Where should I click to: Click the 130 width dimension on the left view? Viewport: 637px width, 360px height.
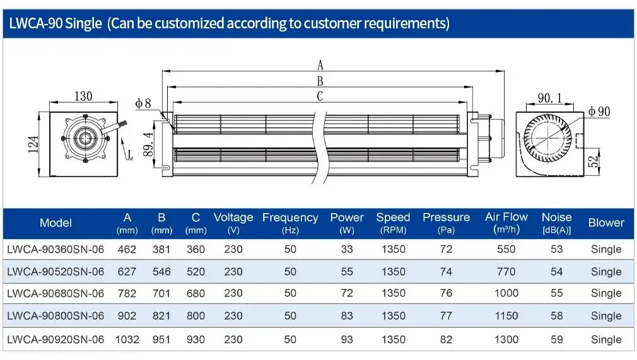point(83,96)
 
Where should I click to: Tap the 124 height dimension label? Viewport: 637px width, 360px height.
point(33,144)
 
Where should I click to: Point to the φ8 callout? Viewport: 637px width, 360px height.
point(143,103)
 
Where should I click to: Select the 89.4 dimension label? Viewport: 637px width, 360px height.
point(148,144)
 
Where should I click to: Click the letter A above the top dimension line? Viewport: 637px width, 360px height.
point(320,65)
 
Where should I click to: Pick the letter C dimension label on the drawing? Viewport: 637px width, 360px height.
point(320,96)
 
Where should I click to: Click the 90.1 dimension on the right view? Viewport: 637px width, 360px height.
point(550,98)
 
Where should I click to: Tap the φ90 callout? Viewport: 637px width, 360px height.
point(599,112)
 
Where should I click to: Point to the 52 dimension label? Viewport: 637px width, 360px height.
point(593,161)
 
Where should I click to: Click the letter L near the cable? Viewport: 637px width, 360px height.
point(130,154)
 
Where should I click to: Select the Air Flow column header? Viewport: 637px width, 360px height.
point(506,223)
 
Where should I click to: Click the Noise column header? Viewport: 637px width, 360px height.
point(556,223)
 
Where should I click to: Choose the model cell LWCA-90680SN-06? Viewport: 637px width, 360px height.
point(56,293)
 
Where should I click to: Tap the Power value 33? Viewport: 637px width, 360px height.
point(347,249)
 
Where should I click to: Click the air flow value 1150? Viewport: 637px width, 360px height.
point(506,316)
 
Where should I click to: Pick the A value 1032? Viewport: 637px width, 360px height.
point(127,339)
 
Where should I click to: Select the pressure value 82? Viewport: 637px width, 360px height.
point(446,339)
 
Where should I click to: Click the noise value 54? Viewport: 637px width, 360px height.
point(556,272)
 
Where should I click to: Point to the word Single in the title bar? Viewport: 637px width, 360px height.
point(83,23)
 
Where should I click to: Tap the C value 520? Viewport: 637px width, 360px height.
point(196,272)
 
